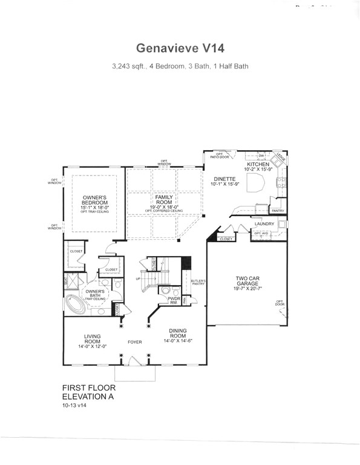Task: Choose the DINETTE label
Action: [224, 179]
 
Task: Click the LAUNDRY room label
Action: [264, 223]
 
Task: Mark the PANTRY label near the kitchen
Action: [278, 211]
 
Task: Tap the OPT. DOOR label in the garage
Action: [280, 303]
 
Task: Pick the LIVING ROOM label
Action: [93, 340]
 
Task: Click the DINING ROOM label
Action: [178, 335]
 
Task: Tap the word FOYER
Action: [134, 342]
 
